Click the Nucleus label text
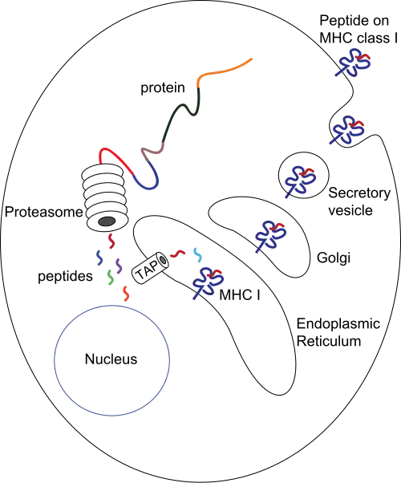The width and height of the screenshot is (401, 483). click(x=111, y=359)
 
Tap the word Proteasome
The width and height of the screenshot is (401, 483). click(x=44, y=213)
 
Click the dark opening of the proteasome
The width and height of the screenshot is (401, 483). click(x=107, y=221)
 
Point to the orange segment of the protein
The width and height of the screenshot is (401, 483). click(x=222, y=70)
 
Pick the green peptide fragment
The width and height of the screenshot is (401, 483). click(x=110, y=277)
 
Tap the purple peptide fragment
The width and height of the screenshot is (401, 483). click(x=119, y=266)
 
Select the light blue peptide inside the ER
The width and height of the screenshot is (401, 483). click(x=197, y=255)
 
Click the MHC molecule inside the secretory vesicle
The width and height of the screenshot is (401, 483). click(x=300, y=180)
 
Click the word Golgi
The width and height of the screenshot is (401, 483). click(x=334, y=258)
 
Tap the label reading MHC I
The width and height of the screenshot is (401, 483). click(x=240, y=295)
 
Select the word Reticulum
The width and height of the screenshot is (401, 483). click(x=329, y=341)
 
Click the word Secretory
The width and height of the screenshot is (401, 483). click(x=359, y=193)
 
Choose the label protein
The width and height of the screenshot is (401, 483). click(x=163, y=87)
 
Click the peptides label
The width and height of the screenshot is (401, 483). click(x=65, y=276)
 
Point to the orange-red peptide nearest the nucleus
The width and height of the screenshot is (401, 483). click(x=126, y=294)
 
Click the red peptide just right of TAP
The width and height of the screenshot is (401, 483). click(x=178, y=254)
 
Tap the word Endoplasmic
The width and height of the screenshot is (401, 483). click(x=338, y=324)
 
